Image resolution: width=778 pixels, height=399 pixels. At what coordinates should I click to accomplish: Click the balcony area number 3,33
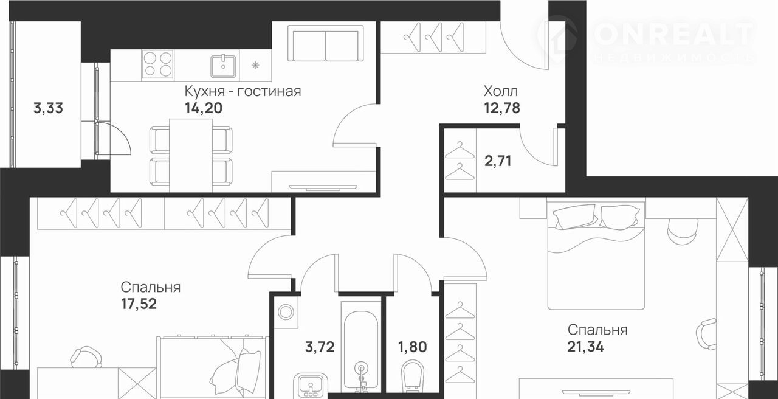point(48,108)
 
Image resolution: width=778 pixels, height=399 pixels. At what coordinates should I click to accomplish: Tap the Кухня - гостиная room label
point(243,91)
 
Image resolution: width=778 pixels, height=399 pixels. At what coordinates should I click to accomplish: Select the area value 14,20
point(204,108)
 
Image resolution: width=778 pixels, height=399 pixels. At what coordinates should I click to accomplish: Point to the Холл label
point(500,91)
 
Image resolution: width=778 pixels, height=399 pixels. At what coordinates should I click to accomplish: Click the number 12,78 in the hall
point(502,108)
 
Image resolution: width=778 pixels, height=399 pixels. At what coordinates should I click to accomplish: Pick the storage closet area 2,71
point(498,161)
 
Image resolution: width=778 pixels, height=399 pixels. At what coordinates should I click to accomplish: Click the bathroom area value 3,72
point(320,347)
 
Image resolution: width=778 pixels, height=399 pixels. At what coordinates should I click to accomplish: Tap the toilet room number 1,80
point(412,347)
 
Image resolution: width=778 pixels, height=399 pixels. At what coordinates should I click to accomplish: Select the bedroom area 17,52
point(139,304)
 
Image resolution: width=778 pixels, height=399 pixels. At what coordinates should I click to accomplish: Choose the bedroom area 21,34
point(585,347)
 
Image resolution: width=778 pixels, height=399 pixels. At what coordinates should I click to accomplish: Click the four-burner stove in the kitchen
point(158,64)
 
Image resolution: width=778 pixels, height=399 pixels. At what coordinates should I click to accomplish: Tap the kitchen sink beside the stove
point(223,66)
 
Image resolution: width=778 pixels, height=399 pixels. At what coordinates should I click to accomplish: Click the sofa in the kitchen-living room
point(326,43)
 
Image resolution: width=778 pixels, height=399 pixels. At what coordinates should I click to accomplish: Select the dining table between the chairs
point(191,155)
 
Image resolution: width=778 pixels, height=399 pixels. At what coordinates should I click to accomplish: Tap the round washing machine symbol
point(286,312)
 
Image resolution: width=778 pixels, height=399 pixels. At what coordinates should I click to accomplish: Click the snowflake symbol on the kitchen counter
point(256,65)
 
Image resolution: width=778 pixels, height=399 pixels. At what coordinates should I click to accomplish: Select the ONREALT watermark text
point(675,35)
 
